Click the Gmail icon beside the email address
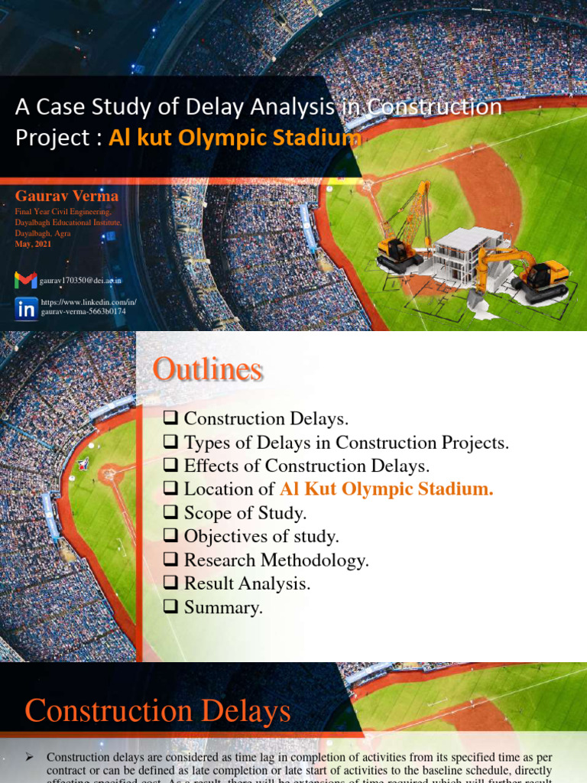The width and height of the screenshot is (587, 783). [x=25, y=281]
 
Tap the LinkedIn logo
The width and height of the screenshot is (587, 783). [x=25, y=308]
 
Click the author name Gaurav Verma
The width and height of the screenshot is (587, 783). [x=66, y=196]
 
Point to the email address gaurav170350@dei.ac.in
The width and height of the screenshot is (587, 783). [x=80, y=281]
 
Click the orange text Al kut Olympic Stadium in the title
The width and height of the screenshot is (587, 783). [x=235, y=138]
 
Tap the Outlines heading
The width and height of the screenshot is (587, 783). [x=207, y=370]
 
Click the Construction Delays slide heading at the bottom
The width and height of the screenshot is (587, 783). [x=157, y=712]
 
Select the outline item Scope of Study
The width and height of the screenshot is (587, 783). [x=245, y=513]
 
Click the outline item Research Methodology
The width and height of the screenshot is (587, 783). [x=276, y=560]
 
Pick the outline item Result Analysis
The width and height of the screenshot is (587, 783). [x=247, y=584]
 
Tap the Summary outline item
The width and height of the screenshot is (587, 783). [x=223, y=608]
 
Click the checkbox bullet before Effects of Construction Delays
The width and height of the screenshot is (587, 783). [x=170, y=466]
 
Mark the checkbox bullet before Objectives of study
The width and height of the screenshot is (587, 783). [x=170, y=536]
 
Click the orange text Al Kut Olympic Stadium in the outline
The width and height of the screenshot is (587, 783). [x=386, y=489]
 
